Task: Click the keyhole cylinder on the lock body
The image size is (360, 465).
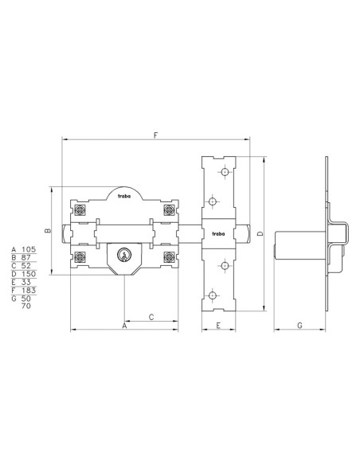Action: pos(124,255)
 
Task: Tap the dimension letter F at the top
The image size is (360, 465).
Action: pos(155,135)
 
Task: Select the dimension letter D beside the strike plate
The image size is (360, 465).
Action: pos(260,233)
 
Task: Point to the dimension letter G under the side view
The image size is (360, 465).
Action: pos(299,326)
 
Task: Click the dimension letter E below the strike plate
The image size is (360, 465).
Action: pos(218,326)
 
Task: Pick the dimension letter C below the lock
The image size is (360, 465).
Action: pos(151,318)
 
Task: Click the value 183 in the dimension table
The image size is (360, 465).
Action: pos(29,290)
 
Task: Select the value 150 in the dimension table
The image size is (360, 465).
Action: pos(29,274)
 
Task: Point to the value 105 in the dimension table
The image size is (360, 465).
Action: pos(29,249)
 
